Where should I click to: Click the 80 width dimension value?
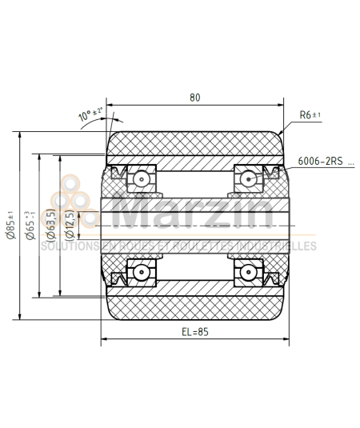[x=194, y=98]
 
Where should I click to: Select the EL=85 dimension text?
[x=194, y=332]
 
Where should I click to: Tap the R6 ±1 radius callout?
[x=310, y=115]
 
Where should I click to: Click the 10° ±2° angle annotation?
[x=90, y=116]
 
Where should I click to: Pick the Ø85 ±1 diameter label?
[x=10, y=226]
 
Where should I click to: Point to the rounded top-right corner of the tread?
[x=281, y=136]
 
